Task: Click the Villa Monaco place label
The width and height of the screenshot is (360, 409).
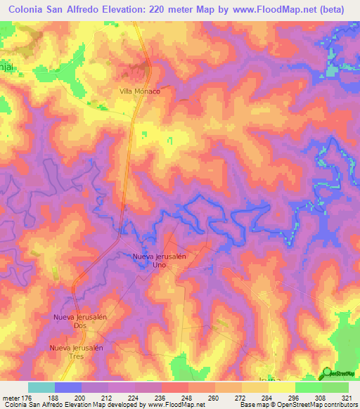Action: [139, 91]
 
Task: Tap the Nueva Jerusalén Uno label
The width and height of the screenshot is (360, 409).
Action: [159, 261]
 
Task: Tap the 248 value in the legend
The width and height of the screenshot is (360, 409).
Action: [186, 397]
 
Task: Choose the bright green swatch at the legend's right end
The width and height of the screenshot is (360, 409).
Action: [335, 387]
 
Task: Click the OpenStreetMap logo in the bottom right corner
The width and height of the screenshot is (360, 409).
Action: [338, 373]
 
